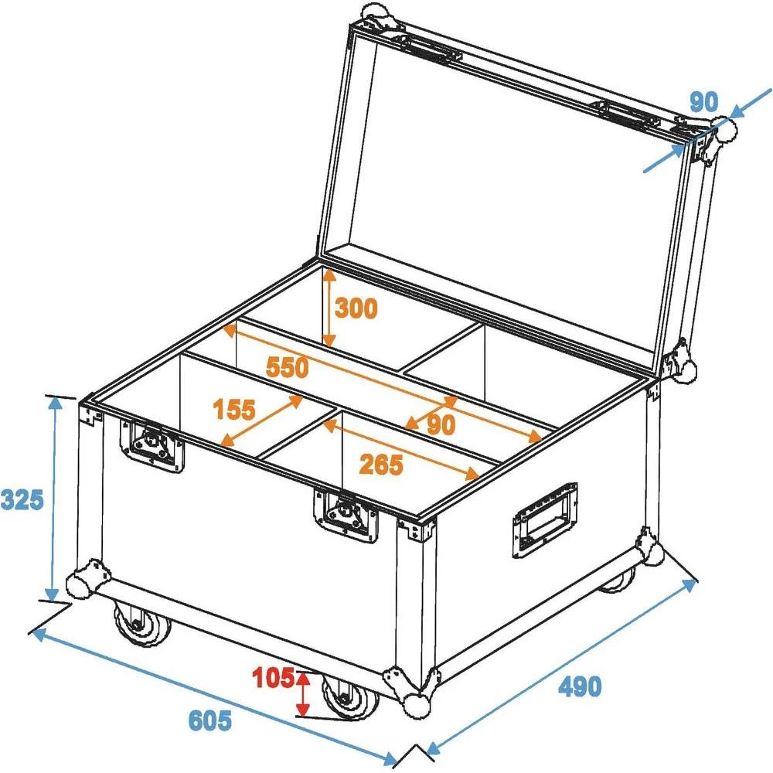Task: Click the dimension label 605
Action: point(209,721)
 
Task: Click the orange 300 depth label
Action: point(356,309)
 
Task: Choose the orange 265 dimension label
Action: point(381,465)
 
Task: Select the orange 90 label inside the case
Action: point(440,424)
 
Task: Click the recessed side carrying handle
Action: point(543,519)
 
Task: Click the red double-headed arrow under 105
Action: point(303,693)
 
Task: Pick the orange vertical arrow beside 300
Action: point(329,307)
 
